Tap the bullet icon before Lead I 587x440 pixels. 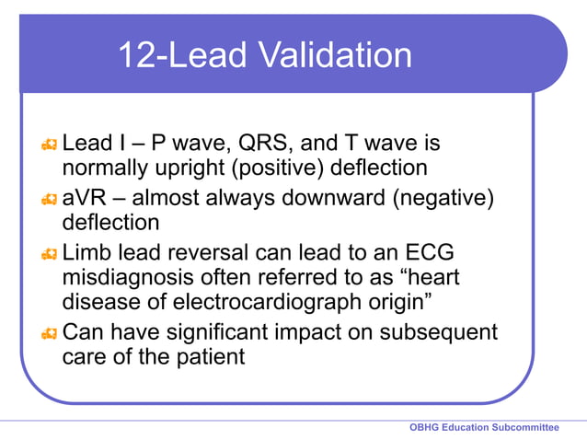point(50,145)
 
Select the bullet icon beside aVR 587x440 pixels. point(50,199)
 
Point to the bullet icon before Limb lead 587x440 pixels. point(50,254)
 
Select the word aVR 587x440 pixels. point(87,199)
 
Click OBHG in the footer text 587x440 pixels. point(424,427)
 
